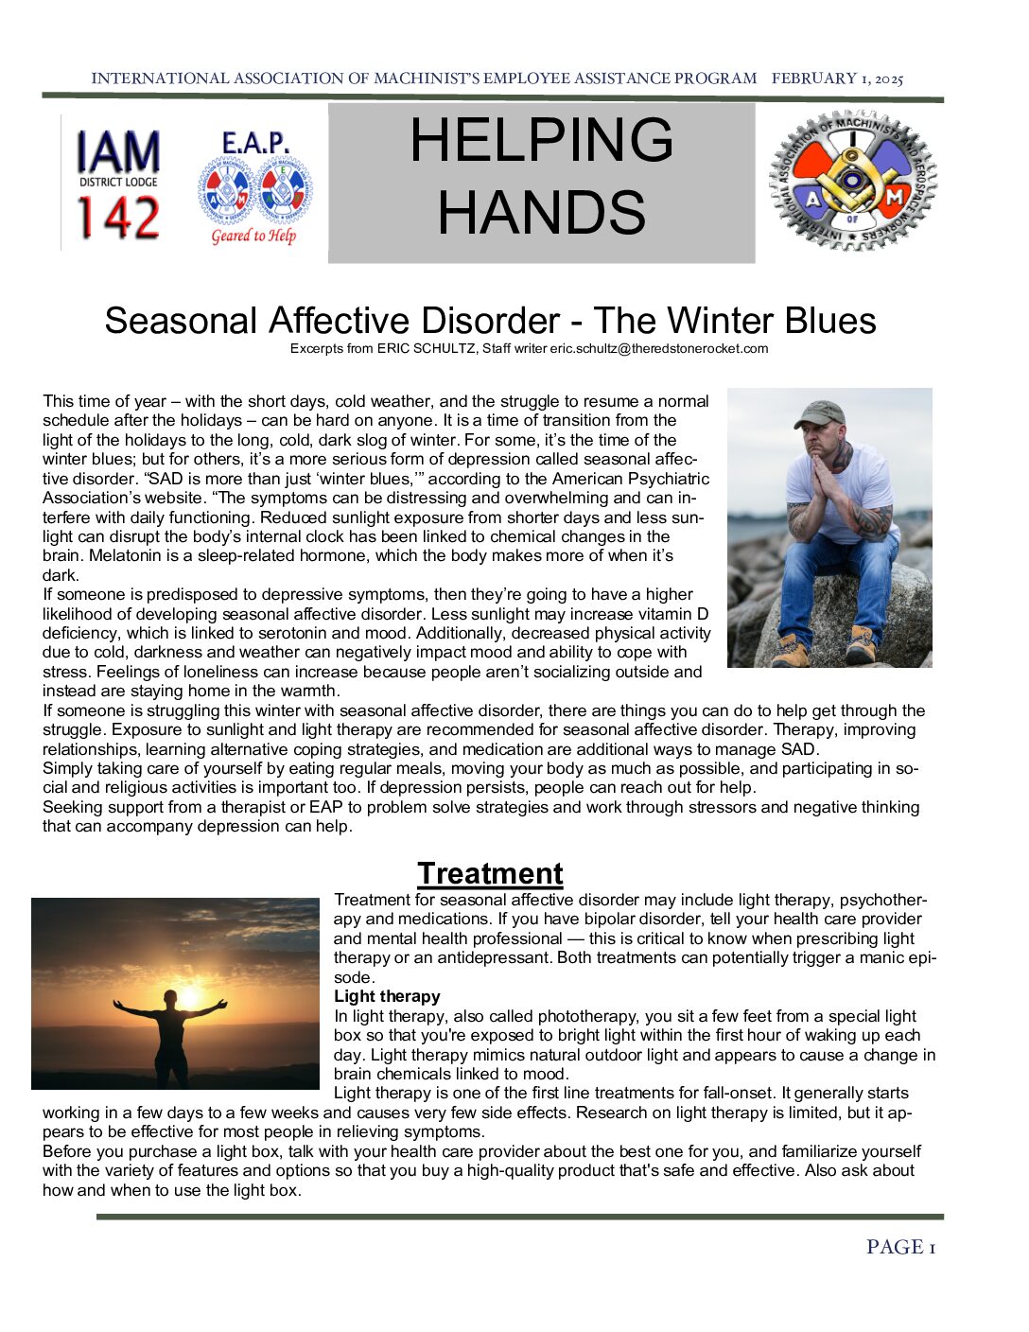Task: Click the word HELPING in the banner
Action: [x=541, y=140]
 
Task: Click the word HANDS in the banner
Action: [x=541, y=212]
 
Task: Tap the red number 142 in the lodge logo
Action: [x=118, y=218]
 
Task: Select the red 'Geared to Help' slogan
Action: [x=253, y=236]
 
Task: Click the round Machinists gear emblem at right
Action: [x=853, y=180]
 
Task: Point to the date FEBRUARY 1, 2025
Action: [x=837, y=79]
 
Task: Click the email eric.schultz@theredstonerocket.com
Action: [x=659, y=349]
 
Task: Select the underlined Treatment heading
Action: [x=490, y=873]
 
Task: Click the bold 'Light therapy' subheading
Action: [x=387, y=996]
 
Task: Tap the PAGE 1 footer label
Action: [x=900, y=1247]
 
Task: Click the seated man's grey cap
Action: [x=820, y=413]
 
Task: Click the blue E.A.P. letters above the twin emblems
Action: [x=255, y=144]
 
